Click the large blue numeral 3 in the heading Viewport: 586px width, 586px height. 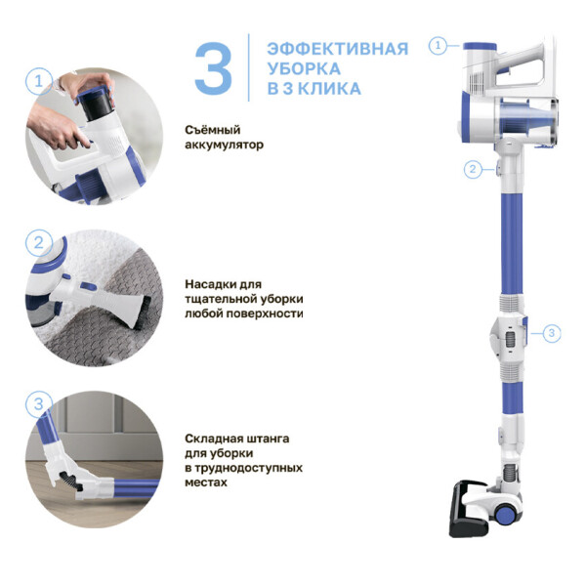213,68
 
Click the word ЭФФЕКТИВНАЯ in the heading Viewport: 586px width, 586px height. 338,50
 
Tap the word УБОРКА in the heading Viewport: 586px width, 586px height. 304,68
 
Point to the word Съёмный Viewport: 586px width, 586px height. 212,130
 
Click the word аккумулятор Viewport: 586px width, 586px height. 224,145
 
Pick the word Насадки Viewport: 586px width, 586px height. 211,284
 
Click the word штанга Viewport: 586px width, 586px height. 268,439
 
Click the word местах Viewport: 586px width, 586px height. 206,482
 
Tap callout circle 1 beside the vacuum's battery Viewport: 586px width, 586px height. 438,46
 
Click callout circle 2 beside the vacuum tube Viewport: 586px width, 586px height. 473,169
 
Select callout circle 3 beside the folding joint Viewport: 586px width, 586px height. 552,333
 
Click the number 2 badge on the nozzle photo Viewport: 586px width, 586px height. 39,243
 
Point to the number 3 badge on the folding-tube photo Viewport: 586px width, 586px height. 39,404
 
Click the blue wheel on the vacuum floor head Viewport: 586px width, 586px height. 505,516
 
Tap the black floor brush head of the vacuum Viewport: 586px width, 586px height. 468,509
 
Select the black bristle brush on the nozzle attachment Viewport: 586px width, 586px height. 144,314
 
